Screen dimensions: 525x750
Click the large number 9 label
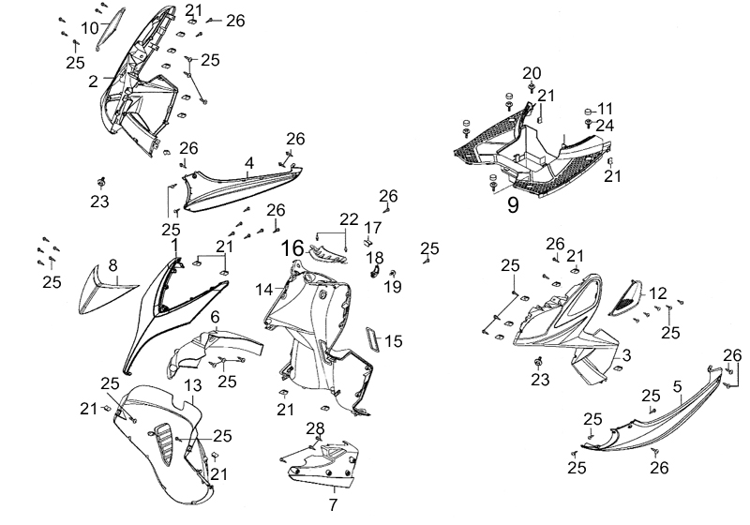click(x=514, y=205)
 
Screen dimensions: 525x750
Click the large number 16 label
click(x=292, y=249)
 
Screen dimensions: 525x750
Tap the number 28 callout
click(x=316, y=428)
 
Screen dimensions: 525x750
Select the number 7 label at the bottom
click(x=332, y=504)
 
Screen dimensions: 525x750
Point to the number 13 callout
click(x=193, y=386)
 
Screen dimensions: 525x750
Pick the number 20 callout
click(x=532, y=73)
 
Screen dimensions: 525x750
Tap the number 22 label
click(x=349, y=218)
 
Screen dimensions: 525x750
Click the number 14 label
click(x=264, y=291)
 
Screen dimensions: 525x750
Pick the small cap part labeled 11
click(x=591, y=108)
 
